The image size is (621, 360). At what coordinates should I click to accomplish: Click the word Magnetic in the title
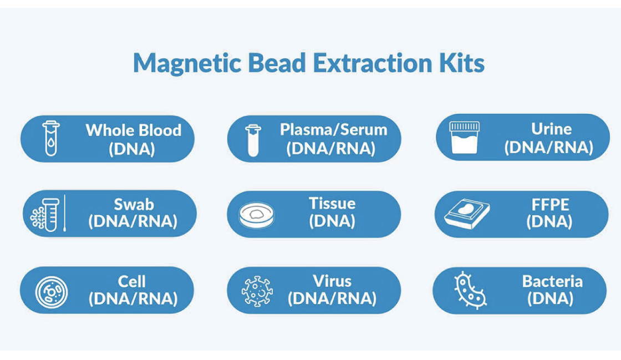[187, 64]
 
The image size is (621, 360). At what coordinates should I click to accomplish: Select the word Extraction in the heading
[372, 63]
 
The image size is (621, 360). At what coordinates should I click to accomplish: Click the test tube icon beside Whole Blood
[51, 138]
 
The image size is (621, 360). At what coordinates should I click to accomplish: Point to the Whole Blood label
[134, 130]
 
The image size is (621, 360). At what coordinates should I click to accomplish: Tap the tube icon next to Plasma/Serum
[253, 140]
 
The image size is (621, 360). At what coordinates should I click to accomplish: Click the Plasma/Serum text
[333, 130]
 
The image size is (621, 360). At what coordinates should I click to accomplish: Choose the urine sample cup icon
[464, 138]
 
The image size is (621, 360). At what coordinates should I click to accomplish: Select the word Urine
[551, 129]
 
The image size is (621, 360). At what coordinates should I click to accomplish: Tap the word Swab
[134, 204]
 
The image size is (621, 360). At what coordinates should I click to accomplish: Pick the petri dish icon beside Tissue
[257, 215]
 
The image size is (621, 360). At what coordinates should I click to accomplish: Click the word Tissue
[332, 204]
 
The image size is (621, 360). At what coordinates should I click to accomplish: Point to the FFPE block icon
[467, 214]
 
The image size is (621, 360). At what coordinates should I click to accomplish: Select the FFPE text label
[550, 204]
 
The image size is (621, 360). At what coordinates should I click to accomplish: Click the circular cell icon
[52, 292]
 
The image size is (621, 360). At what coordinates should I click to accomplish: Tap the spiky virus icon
[257, 291]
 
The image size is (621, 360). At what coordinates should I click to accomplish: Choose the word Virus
[332, 281]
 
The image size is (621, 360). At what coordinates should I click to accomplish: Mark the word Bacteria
[552, 282]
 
